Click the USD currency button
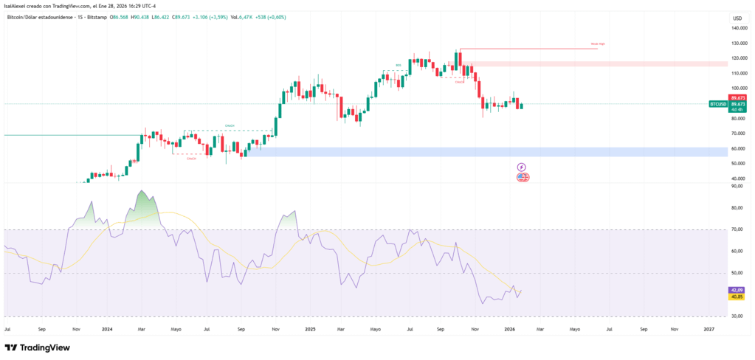pos(736,18)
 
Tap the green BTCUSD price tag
pos(717,104)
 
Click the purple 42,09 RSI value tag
pos(737,290)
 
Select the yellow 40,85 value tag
pos(737,297)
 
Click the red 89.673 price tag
pos(737,97)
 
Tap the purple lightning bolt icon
pos(522,167)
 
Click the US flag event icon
pos(523,177)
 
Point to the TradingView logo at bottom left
pos(33,347)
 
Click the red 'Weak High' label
pos(598,44)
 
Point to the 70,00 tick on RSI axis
pos(736,229)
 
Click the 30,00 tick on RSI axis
pos(736,316)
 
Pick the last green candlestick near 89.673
pos(522,105)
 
